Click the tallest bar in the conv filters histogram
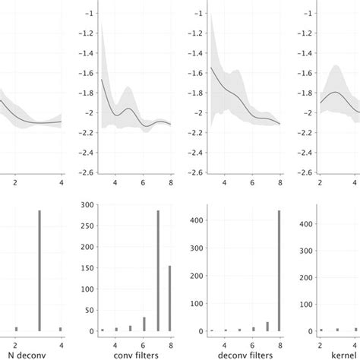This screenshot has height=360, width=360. coord(158,271)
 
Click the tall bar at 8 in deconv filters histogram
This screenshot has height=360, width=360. coord(279,271)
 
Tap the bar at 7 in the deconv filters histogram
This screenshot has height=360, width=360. coord(267,327)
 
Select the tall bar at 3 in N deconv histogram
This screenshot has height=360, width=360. coord(39,271)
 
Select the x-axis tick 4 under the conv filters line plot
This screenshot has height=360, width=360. coord(115,182)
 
